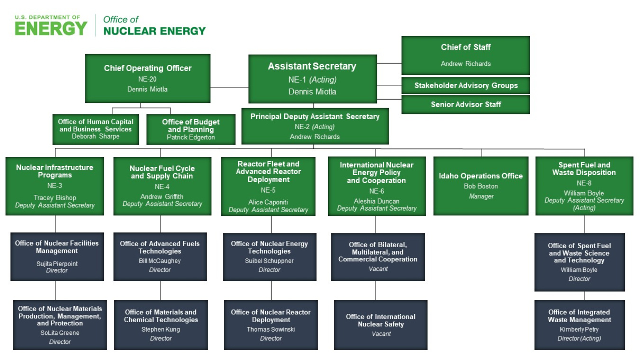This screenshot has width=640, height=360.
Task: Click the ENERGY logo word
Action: tap(51, 29)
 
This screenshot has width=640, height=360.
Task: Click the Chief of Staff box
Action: tap(466, 55)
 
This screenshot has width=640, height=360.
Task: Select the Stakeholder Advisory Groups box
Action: tap(466, 86)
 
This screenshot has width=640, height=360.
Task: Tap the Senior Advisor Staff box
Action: tap(466, 104)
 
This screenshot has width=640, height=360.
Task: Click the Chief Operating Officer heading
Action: tap(147, 68)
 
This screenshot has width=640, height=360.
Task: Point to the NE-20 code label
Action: tap(147, 79)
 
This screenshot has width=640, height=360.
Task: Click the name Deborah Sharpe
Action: tap(95, 137)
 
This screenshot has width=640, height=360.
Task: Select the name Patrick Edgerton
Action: tap(191, 137)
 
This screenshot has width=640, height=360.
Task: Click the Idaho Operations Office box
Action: tap(481, 185)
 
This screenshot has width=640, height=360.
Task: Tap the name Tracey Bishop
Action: tap(55, 198)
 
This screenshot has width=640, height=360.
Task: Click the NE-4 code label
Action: tap(162, 186)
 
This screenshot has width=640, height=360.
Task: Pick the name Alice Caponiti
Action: tap(268, 202)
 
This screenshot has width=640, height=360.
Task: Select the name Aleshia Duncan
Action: tap(376, 201)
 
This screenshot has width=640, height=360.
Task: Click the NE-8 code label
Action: tap(584, 183)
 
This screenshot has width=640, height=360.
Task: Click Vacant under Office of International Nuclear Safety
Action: tap(381, 334)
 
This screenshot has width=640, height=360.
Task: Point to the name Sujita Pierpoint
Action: tap(57, 263)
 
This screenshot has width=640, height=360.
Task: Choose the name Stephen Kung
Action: tap(161, 329)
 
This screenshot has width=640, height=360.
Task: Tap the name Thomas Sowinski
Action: tap(271, 329)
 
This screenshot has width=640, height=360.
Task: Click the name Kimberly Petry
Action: tap(579, 329)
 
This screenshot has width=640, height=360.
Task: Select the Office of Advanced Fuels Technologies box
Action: tap(160, 256)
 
